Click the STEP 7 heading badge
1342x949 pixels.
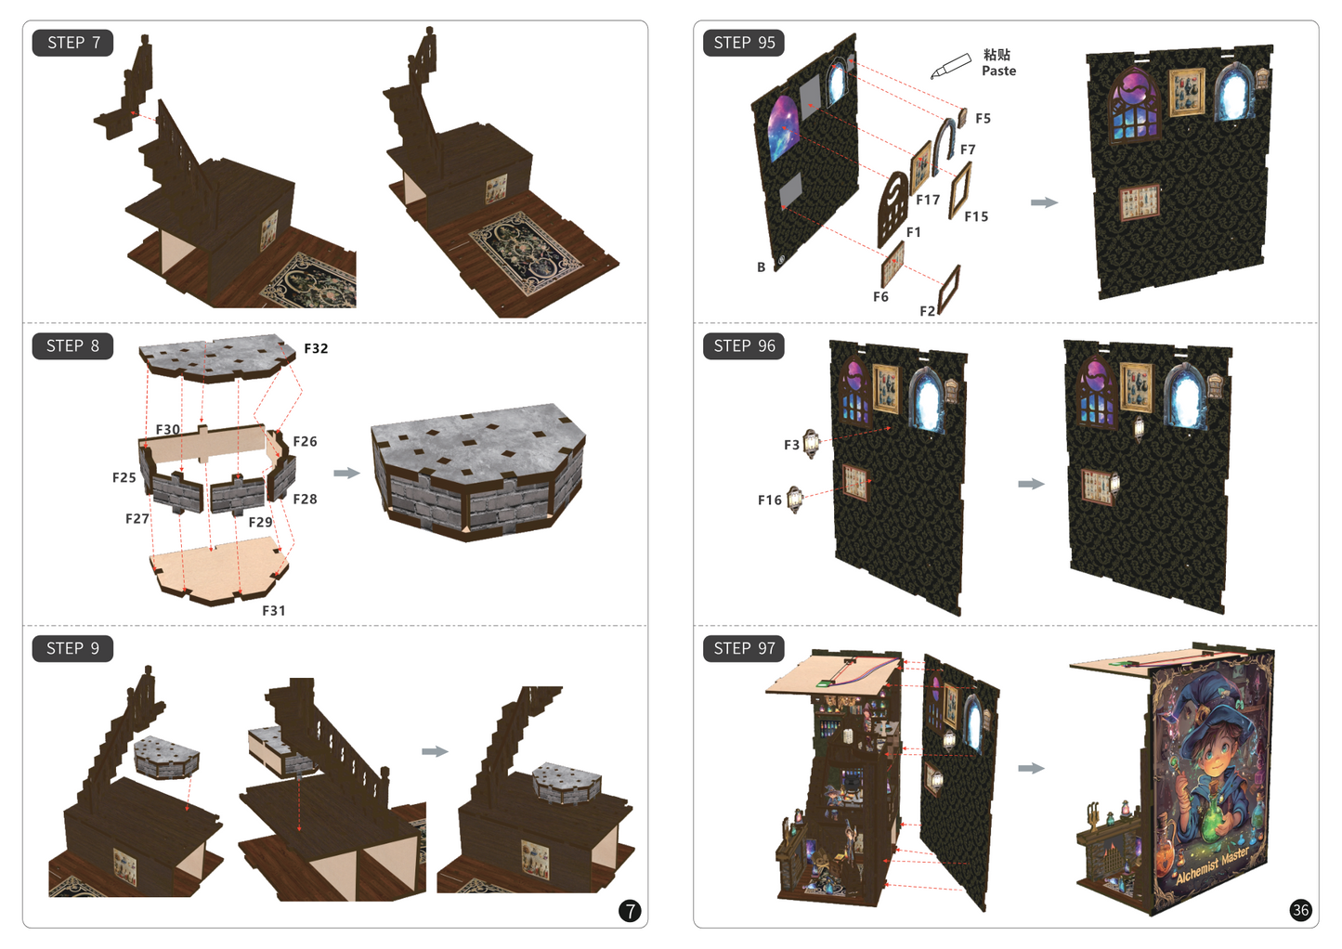click(x=72, y=43)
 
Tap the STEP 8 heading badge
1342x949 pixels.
click(x=72, y=346)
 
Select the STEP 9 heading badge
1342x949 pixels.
click(x=72, y=648)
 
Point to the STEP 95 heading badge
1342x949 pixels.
click(x=744, y=43)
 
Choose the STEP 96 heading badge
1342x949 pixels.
click(x=744, y=346)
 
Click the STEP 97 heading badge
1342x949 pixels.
click(x=744, y=648)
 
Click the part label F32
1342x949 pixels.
click(x=316, y=348)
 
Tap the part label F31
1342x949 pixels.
click(x=273, y=610)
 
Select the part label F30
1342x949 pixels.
click(x=167, y=429)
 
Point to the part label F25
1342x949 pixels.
click(x=124, y=477)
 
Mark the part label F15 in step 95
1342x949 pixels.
click(x=976, y=216)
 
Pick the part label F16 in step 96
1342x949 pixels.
click(x=769, y=500)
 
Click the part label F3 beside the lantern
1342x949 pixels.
click(x=791, y=445)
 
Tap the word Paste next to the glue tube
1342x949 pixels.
click(x=998, y=71)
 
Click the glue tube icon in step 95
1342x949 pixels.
click(x=950, y=67)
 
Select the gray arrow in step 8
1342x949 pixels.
click(x=346, y=473)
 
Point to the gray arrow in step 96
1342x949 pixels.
click(x=1031, y=484)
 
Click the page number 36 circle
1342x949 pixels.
click(x=1300, y=910)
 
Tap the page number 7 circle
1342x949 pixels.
click(x=630, y=911)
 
